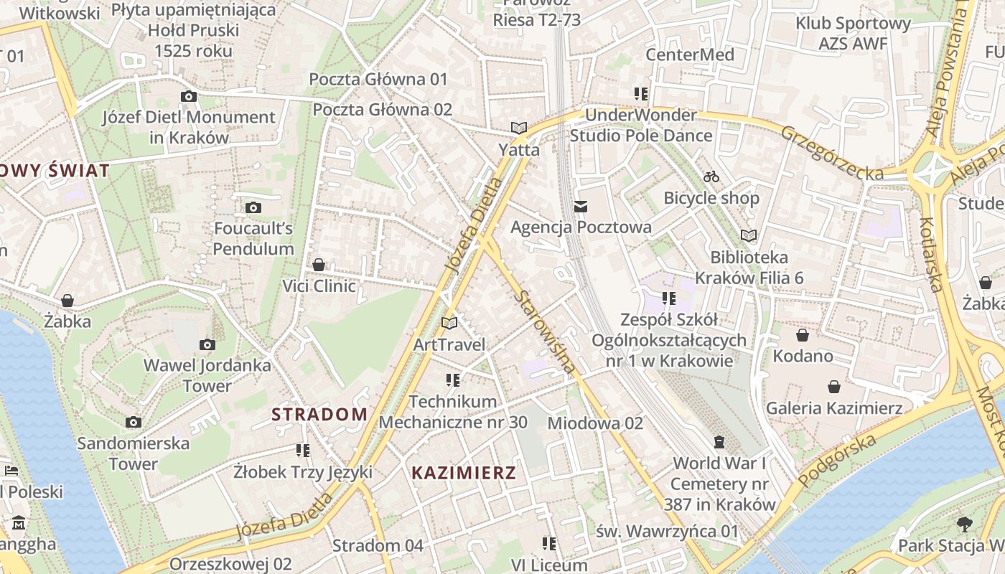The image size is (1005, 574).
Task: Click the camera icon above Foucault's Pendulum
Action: tap(253, 208)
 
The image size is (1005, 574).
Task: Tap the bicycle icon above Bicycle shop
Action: tap(711, 177)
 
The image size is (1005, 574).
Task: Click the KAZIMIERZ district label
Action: tap(464, 473)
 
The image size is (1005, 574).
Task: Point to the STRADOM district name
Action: tap(319, 414)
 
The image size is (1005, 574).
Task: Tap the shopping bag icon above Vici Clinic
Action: tap(319, 265)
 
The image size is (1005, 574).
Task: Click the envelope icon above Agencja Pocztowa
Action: tap(581, 207)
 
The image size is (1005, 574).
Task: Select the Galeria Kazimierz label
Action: tap(834, 408)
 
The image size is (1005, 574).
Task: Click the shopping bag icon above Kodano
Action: tap(803, 335)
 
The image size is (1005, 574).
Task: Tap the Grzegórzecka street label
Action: tap(832, 152)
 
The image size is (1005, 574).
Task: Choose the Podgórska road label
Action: tap(838, 459)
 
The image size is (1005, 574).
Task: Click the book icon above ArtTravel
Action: tap(449, 324)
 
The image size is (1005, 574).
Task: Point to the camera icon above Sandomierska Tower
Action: tap(133, 422)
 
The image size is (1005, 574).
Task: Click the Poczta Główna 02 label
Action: tap(383, 110)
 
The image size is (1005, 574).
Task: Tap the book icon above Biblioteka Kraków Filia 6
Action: tap(749, 235)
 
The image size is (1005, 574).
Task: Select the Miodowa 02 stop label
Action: tap(595, 423)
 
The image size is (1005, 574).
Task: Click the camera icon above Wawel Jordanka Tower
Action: tap(207, 345)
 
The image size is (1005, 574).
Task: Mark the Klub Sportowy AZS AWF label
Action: tap(853, 34)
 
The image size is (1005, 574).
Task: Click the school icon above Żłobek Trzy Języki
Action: tap(303, 451)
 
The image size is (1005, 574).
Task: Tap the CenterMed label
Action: tap(690, 55)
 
